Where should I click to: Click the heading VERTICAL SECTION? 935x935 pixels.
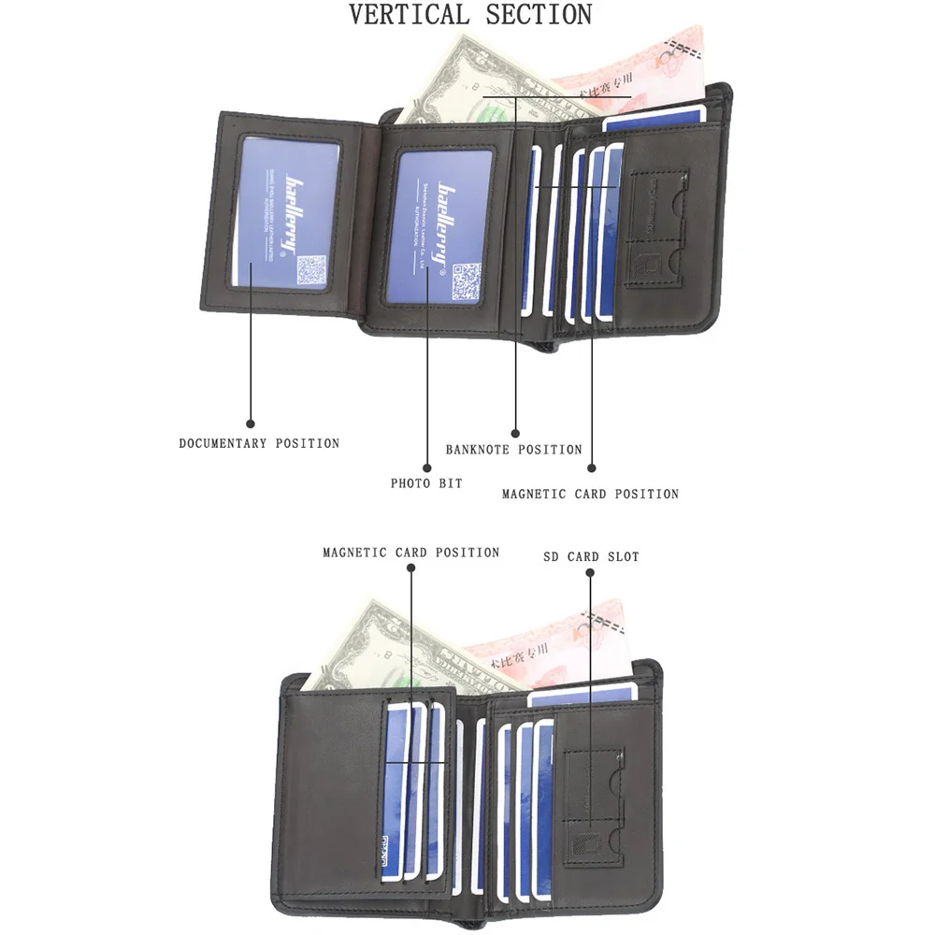click(x=470, y=15)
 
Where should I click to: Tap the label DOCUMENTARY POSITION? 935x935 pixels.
click(x=259, y=443)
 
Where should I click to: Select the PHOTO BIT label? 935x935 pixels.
click(x=426, y=483)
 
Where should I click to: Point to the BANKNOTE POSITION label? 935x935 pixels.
click(x=513, y=450)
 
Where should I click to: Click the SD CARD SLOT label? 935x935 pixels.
click(x=591, y=557)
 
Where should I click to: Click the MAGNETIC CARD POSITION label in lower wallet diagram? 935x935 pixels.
click(x=411, y=553)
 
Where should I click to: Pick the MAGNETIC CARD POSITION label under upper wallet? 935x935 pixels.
click(x=590, y=494)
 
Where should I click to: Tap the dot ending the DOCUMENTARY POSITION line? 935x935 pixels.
click(x=250, y=423)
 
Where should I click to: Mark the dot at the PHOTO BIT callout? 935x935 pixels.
click(x=427, y=467)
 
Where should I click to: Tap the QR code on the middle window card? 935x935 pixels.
click(x=466, y=280)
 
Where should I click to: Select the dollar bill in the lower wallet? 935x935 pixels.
click(x=393, y=645)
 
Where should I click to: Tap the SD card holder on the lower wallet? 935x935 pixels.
click(x=595, y=799)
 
